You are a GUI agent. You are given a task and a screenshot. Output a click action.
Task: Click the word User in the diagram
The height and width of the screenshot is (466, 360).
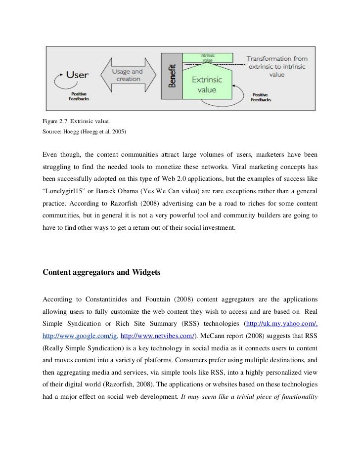point(77,75)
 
